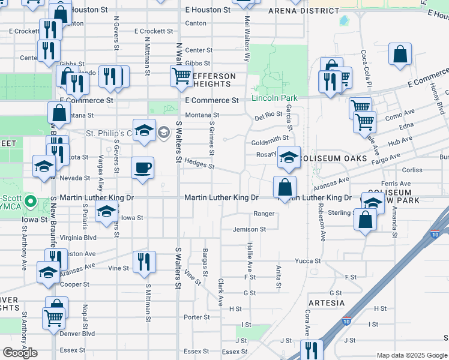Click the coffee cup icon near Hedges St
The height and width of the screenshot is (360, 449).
point(142,167)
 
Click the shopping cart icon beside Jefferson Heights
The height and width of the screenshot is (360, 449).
point(181,76)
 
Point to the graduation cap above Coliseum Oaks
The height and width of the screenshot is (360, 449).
point(289,158)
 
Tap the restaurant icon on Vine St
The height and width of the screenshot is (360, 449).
point(144,261)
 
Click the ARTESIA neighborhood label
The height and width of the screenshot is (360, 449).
point(327,303)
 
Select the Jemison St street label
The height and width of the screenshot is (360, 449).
point(249,229)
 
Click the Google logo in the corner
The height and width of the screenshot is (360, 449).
point(20,353)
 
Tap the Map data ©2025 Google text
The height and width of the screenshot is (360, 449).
point(412,356)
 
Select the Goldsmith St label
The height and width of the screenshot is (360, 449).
point(270,138)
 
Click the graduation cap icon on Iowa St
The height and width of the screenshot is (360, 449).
point(107,211)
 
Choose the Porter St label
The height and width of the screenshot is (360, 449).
point(196,317)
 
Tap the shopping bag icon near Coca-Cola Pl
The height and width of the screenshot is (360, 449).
point(400,54)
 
